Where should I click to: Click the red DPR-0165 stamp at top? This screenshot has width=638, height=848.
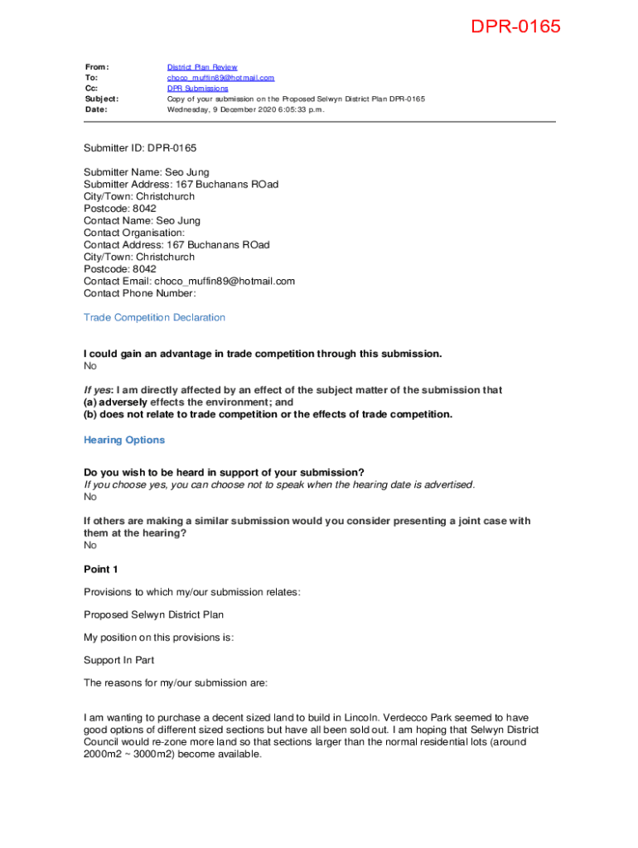(515, 27)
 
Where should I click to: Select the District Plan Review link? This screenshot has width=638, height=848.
(202, 67)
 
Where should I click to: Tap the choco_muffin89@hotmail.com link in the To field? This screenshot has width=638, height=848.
(220, 78)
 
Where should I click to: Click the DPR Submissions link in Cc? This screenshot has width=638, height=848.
(197, 88)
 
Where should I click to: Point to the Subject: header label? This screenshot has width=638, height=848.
(101, 99)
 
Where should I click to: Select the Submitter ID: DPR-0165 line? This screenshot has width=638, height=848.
(140, 148)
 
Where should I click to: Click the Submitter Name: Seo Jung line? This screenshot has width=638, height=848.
(146, 172)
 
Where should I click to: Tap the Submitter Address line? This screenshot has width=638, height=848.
(181, 185)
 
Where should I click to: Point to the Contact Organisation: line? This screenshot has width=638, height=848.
(134, 233)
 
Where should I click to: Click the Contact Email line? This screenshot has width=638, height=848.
(189, 281)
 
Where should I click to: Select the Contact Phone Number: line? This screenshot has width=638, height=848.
(139, 293)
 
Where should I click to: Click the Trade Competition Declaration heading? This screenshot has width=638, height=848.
(154, 317)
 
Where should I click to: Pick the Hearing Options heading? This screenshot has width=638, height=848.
(124, 440)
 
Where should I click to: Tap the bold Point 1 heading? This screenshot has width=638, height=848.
(101, 569)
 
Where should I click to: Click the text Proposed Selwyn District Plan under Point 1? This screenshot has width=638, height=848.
(153, 614)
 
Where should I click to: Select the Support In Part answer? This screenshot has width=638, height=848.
(118, 660)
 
